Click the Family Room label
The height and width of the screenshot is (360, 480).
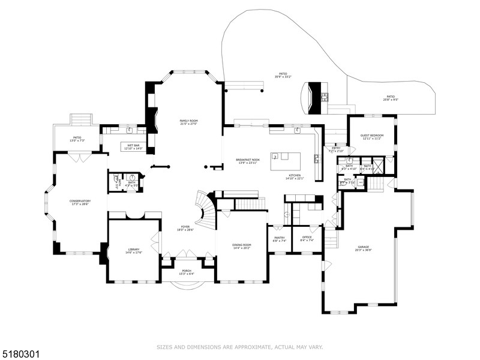(188, 123)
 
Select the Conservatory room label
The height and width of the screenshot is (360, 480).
(80, 203)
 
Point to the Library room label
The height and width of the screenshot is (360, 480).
(133, 251)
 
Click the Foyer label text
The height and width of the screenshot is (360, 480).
(184, 228)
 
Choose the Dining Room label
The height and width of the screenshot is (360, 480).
(242, 247)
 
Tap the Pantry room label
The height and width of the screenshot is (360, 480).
(280, 239)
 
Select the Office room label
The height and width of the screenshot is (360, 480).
(307, 239)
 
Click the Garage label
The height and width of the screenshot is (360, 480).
(363, 248)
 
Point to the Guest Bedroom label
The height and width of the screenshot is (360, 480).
(372, 137)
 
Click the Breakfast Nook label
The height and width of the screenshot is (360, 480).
(247, 161)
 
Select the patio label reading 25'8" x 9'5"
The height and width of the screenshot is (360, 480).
(390, 98)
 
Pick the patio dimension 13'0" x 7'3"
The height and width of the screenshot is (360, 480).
(77, 139)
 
